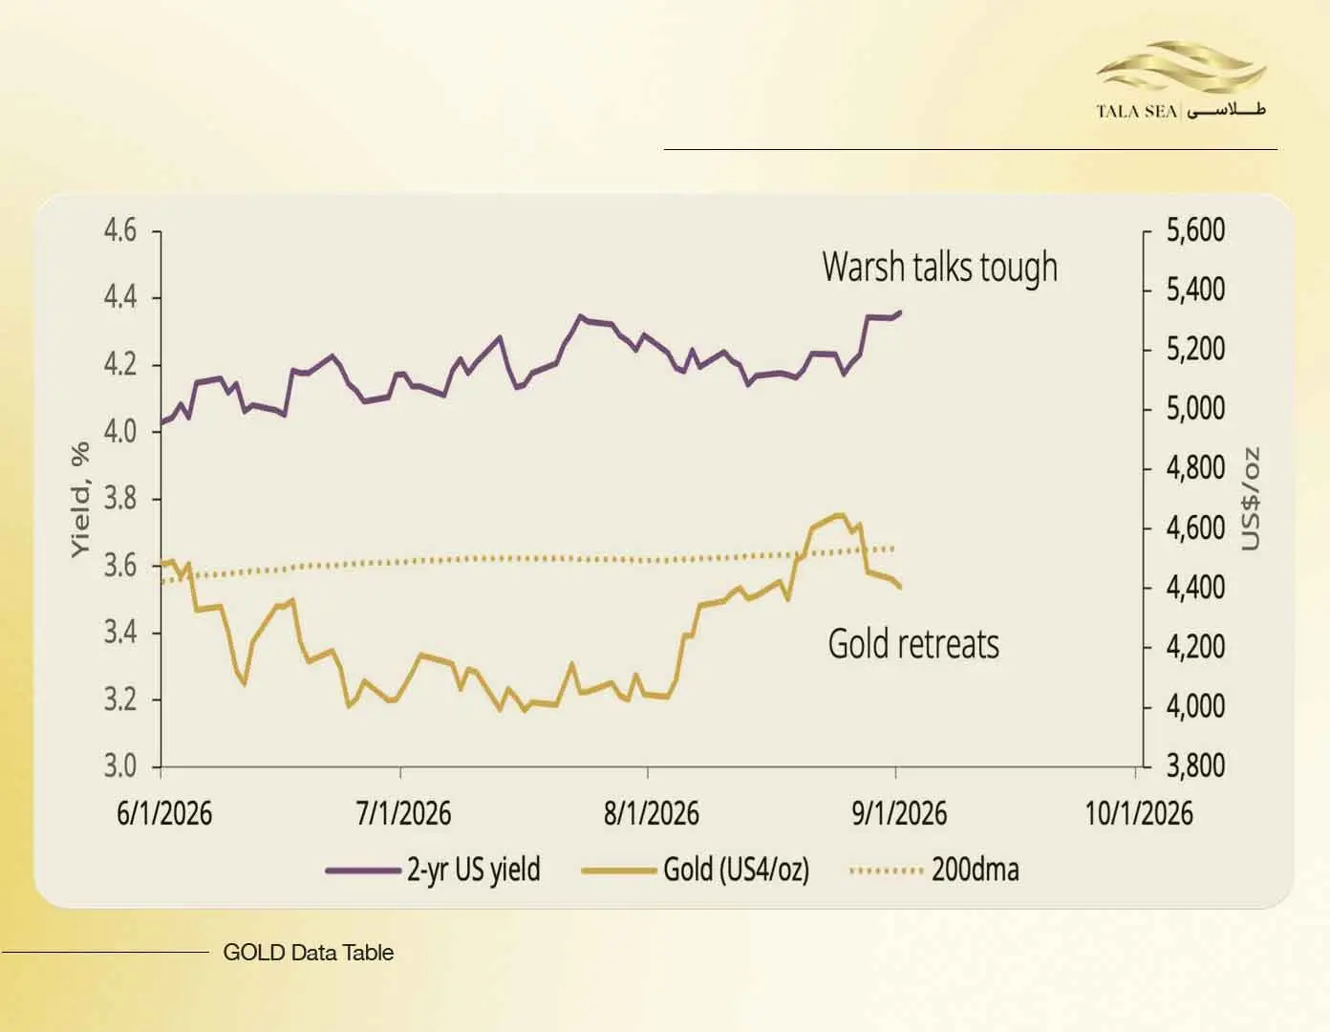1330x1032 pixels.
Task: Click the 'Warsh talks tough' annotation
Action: (939, 268)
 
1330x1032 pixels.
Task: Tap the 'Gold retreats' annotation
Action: (913, 644)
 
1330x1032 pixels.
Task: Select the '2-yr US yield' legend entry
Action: (434, 870)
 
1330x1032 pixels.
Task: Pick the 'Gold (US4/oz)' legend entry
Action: (696, 870)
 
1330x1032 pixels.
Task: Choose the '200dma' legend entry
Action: (934, 870)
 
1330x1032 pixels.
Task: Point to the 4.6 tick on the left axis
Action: (120, 230)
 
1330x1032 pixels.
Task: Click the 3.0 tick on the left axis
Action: (120, 765)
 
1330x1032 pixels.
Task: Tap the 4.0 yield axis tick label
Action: (120, 432)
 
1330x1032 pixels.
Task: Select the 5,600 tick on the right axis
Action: (1195, 230)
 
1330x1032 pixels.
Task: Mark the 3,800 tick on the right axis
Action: (1195, 765)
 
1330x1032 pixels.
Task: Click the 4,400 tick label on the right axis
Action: (1195, 588)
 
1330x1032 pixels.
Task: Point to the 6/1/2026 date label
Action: (164, 813)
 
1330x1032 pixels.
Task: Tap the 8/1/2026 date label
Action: (652, 813)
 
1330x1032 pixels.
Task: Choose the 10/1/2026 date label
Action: (1139, 813)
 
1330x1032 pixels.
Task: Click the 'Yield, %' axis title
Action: (80, 500)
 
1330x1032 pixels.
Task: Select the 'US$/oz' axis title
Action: (1251, 499)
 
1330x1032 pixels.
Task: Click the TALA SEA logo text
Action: (1137, 112)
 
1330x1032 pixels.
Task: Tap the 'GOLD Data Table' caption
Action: (308, 953)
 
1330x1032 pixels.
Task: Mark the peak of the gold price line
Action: (840, 515)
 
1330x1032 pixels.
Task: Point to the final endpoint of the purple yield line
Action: (900, 312)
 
